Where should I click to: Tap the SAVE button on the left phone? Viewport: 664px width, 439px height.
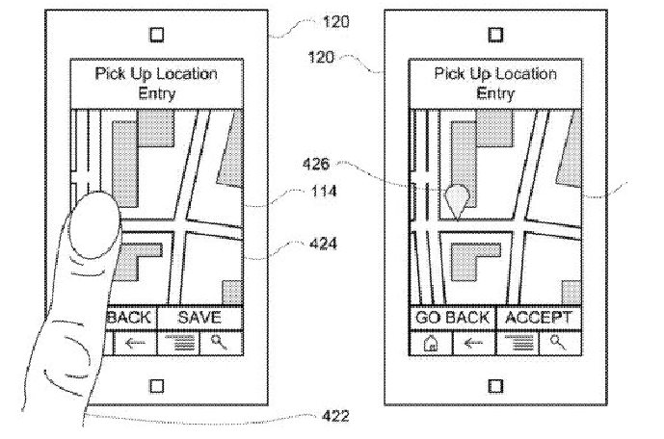tap(199, 317)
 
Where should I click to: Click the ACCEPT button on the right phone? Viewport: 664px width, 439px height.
tap(538, 317)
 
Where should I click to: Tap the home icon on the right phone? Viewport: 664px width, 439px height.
tap(430, 341)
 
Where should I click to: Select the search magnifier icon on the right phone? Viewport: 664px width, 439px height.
tap(556, 341)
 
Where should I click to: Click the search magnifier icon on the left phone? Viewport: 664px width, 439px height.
tap(219, 341)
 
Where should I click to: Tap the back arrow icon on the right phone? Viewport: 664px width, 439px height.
tap(473, 341)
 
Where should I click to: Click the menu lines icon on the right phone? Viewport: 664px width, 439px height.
tap(518, 341)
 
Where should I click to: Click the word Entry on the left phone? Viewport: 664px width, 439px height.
tap(156, 92)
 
